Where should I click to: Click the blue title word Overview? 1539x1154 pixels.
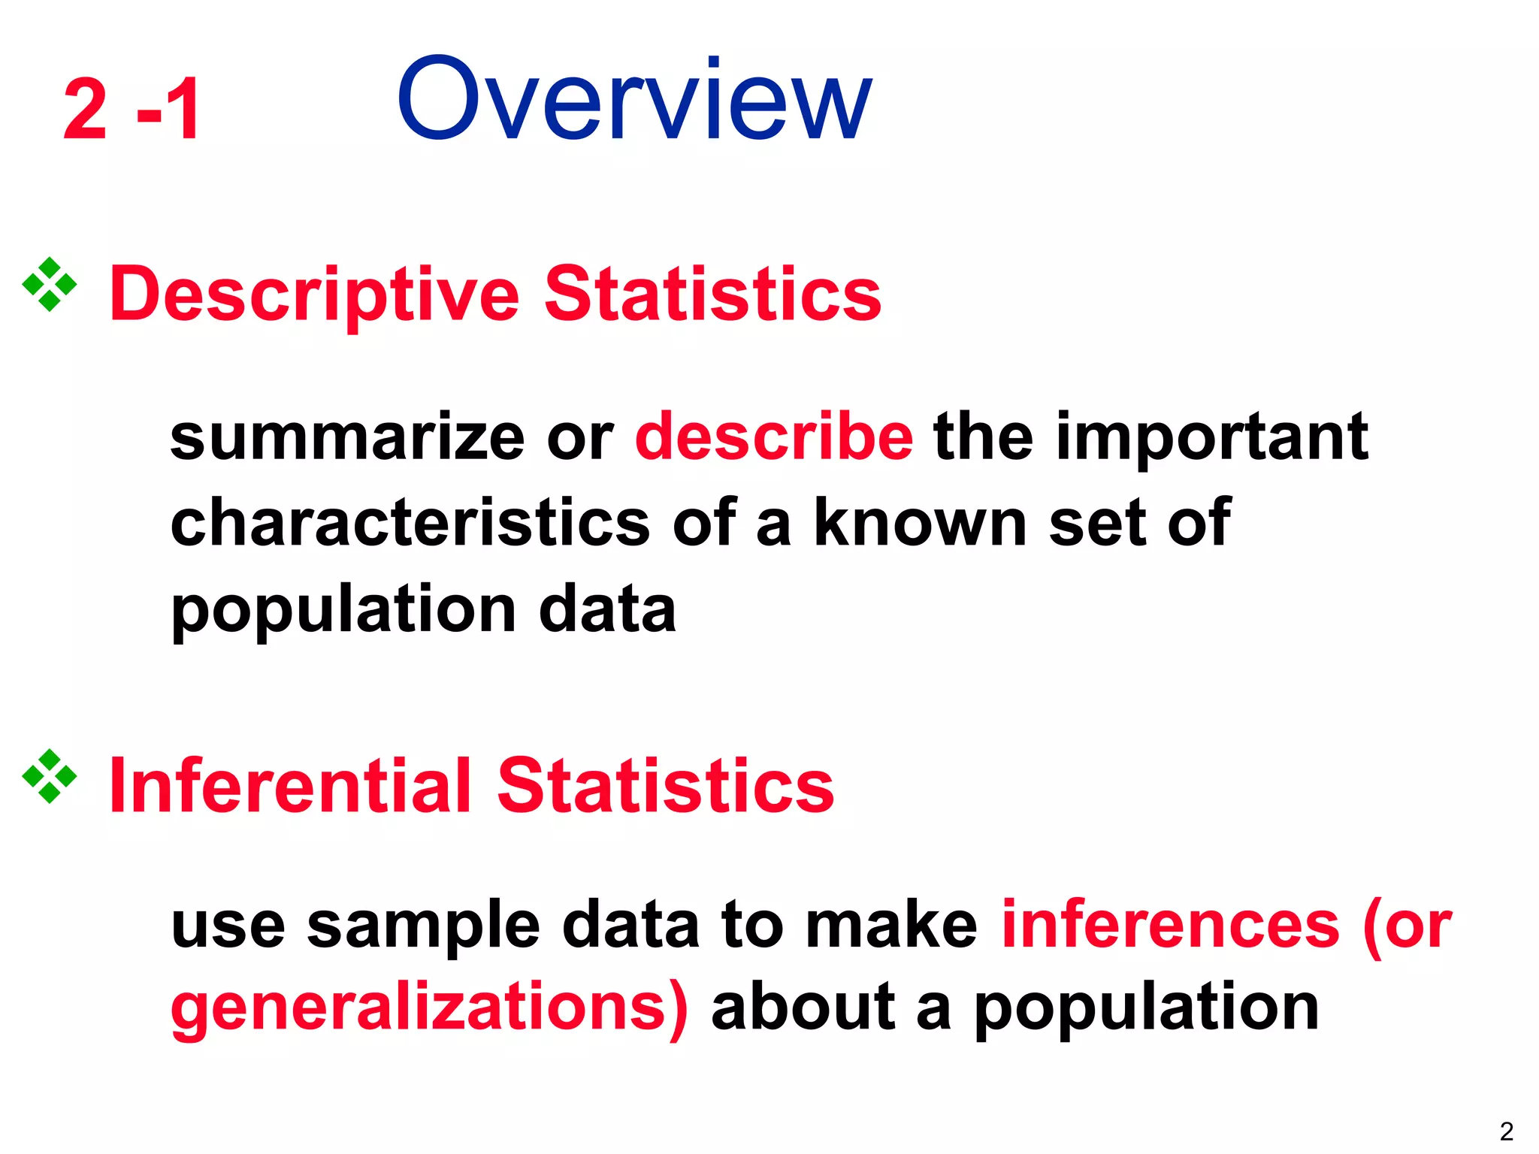(634, 99)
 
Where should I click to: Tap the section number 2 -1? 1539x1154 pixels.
(132, 110)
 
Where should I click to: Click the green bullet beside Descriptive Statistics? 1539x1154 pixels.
(50, 285)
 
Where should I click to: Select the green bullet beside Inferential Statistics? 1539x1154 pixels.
(50, 776)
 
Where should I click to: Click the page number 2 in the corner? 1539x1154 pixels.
(1506, 1131)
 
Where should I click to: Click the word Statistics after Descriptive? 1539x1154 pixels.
(712, 295)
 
